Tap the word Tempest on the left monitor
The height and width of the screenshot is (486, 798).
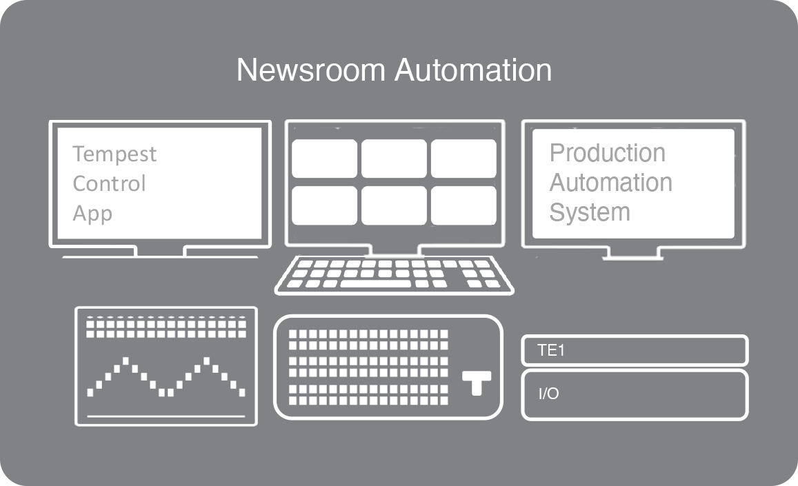pos(114,154)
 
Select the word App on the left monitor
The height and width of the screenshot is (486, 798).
pos(92,213)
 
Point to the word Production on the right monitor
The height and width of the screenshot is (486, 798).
pos(607,152)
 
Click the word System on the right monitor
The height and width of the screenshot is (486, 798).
pos(590,212)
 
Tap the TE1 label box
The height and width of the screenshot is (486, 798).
pos(635,350)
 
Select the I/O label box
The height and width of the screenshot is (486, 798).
pos(635,395)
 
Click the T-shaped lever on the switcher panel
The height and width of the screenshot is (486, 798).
pos(477,382)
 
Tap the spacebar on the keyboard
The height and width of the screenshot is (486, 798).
pos(375,283)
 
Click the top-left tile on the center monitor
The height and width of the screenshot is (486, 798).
pos(324,159)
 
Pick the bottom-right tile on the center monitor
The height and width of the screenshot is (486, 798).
pos(463,205)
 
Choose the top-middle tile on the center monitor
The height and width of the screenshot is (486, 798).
pos(394,159)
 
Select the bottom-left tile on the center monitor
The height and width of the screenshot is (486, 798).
pos(324,205)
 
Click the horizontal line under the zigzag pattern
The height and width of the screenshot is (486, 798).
pos(166,416)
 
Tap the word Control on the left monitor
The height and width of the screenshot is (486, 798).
pos(109,183)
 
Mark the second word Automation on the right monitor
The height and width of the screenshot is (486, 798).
pos(610,183)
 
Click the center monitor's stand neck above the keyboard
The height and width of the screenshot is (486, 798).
pos(394,250)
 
